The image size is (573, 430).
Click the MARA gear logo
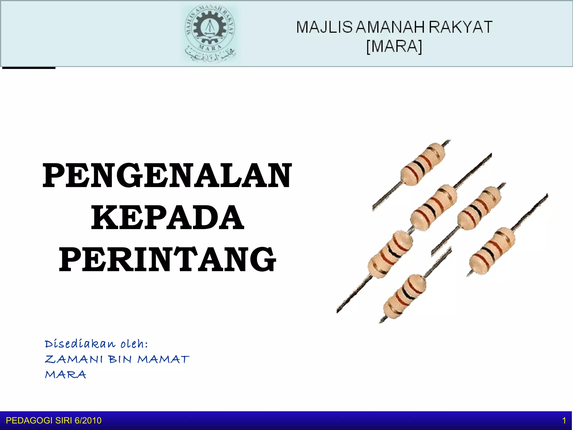(x=210, y=34)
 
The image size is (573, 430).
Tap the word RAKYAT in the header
(x=460, y=27)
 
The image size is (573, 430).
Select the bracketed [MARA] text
(x=394, y=46)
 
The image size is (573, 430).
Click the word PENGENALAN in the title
(x=167, y=176)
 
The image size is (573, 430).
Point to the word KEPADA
(x=167, y=217)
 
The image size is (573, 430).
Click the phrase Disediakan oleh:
(x=96, y=344)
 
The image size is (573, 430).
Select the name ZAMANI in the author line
(x=74, y=359)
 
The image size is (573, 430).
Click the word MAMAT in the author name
(x=163, y=359)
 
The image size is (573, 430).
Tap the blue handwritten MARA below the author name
(x=65, y=375)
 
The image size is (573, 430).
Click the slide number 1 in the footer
(x=564, y=420)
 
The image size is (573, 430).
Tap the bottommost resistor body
(x=404, y=297)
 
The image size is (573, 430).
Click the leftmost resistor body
(x=390, y=255)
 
